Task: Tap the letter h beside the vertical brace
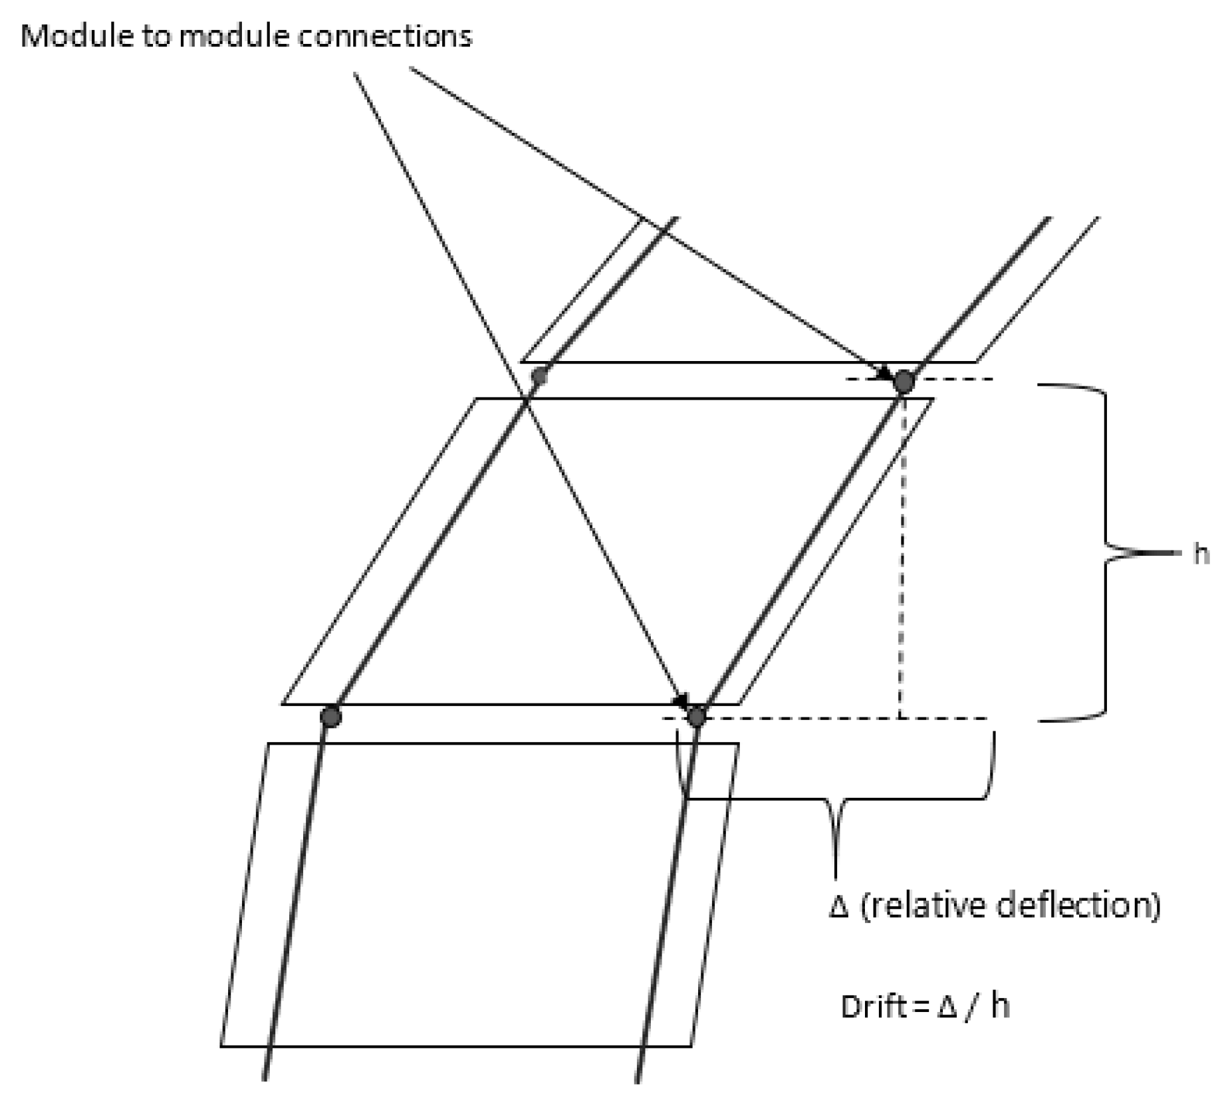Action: [1200, 553]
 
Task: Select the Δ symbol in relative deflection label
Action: [839, 907]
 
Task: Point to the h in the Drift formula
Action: [999, 1006]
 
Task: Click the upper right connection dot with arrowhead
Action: [904, 382]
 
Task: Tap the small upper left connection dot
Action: [539, 376]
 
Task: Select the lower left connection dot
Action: [330, 717]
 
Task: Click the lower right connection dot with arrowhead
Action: [696, 717]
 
